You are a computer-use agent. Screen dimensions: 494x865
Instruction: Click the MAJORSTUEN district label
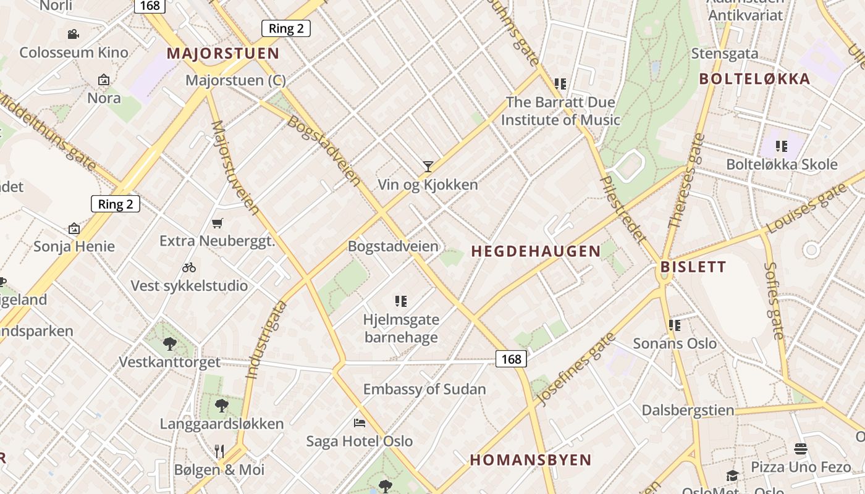pos(223,54)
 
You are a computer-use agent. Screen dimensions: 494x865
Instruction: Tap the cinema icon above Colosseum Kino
pos(74,33)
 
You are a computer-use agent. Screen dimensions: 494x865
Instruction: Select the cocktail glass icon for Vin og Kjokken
pos(428,165)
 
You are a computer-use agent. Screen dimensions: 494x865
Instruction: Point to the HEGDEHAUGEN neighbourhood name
pos(536,251)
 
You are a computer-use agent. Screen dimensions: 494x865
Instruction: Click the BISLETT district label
pos(693,267)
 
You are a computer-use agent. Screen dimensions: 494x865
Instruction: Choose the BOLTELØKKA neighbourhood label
pos(754,79)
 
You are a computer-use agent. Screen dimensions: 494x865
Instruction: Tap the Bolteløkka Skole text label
pos(782,165)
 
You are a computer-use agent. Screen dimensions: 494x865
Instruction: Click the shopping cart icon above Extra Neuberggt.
pos(217,223)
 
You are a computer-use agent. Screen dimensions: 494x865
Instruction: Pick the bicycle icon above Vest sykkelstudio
pos(189,267)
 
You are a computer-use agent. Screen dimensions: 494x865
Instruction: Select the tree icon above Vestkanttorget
pos(170,343)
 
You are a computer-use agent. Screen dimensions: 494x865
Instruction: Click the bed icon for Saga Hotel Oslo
pos(360,423)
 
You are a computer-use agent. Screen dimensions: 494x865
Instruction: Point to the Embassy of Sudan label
pos(424,390)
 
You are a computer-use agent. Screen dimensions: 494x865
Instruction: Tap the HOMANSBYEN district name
pos(531,460)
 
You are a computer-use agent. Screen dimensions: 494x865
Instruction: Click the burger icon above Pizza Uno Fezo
pos(801,448)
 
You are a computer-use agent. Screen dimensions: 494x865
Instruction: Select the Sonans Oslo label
pos(675,344)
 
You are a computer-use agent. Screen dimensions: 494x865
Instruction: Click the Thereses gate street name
pos(686,180)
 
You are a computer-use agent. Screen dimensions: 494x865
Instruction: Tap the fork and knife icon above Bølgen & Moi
pos(219,451)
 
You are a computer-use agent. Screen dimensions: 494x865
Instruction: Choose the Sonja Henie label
pos(74,247)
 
